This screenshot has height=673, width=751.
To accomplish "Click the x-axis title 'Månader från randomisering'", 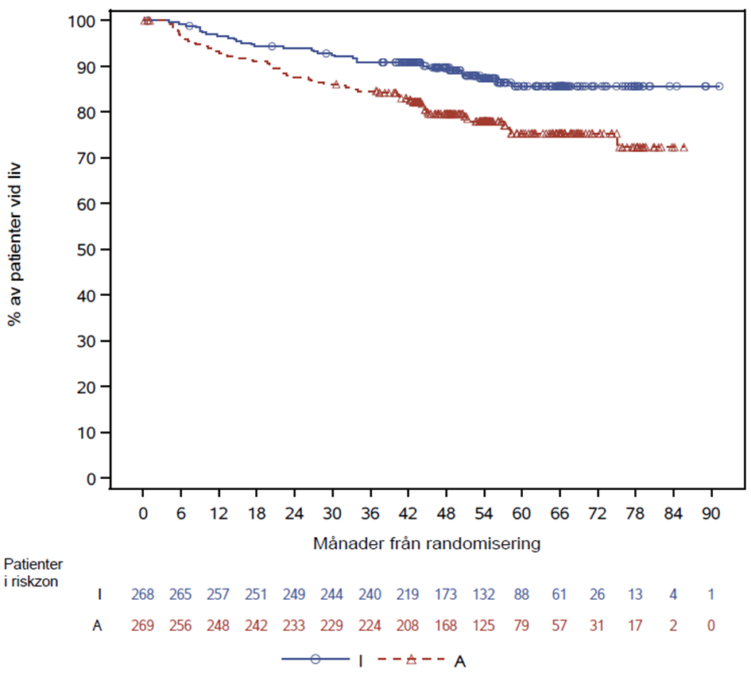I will [x=428, y=544].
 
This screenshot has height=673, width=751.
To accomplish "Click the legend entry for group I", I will [x=322, y=659].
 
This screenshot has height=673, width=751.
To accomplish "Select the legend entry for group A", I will [x=422, y=659].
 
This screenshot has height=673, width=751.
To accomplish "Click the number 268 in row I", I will [x=143, y=594].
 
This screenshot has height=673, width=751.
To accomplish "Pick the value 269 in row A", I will [x=143, y=626].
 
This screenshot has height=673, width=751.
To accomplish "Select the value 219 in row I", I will [x=408, y=594].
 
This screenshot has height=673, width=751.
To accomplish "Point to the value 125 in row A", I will [x=484, y=626].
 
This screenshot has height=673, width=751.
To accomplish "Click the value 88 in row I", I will [x=522, y=594].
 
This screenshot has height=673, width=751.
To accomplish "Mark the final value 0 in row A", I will [x=711, y=626].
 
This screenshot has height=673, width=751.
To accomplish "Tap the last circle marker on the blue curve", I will [x=719, y=86].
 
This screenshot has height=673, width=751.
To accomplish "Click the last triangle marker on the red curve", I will [x=683, y=147].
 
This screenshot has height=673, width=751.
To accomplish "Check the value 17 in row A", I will [x=636, y=626].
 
